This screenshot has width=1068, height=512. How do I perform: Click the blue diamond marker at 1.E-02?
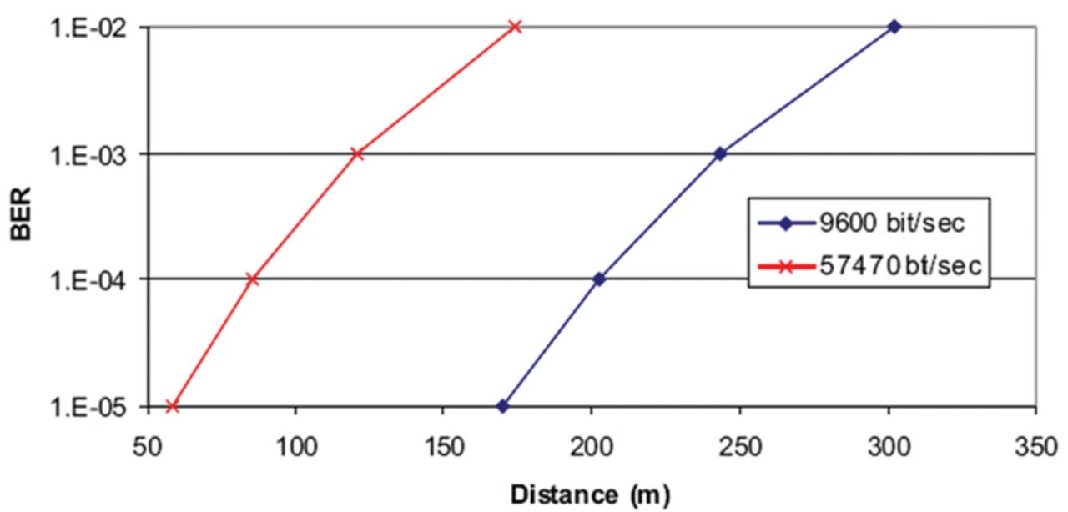point(894,27)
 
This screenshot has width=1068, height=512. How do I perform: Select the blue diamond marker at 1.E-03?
point(720,153)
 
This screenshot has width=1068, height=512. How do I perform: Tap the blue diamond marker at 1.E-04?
point(598,279)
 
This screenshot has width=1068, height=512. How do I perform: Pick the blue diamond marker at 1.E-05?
point(502,406)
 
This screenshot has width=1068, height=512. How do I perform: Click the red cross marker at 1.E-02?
point(515,27)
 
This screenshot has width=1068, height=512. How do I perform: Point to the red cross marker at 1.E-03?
point(357,153)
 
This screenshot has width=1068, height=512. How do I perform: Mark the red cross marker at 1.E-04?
point(253,279)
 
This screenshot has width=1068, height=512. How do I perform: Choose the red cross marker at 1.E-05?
point(173,406)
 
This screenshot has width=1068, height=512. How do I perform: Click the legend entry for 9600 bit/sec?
point(869,223)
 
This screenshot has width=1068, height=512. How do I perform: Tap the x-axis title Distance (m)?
point(589,495)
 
